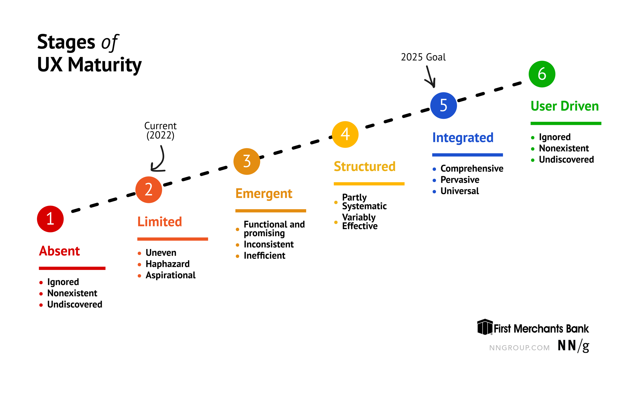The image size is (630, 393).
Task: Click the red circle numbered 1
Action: click(50, 219)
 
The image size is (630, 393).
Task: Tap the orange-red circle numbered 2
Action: click(148, 190)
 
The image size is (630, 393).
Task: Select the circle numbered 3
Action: click(247, 161)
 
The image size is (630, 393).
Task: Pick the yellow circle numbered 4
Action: click(345, 134)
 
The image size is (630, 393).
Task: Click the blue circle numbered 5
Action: click(444, 105)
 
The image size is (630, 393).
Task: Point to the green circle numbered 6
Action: click(542, 74)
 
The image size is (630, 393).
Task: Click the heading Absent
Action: click(59, 251)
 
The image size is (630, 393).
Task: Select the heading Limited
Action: click(160, 222)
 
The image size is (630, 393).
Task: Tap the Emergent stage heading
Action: click(264, 194)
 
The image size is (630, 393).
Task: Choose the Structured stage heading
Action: click(364, 167)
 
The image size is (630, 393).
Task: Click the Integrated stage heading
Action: click(463, 138)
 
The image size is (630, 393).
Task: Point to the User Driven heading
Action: click(564, 106)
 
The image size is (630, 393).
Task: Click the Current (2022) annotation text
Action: click(160, 130)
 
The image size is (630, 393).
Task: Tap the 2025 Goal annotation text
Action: click(423, 57)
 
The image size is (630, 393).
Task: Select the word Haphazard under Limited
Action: click(168, 264)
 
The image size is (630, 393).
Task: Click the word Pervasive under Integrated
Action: click(460, 180)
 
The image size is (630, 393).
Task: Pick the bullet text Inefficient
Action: click(264, 256)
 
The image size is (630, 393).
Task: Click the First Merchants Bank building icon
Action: click(485, 327)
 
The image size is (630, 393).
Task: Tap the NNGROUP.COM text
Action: click(519, 348)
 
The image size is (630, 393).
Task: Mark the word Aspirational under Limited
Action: click(170, 275)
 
